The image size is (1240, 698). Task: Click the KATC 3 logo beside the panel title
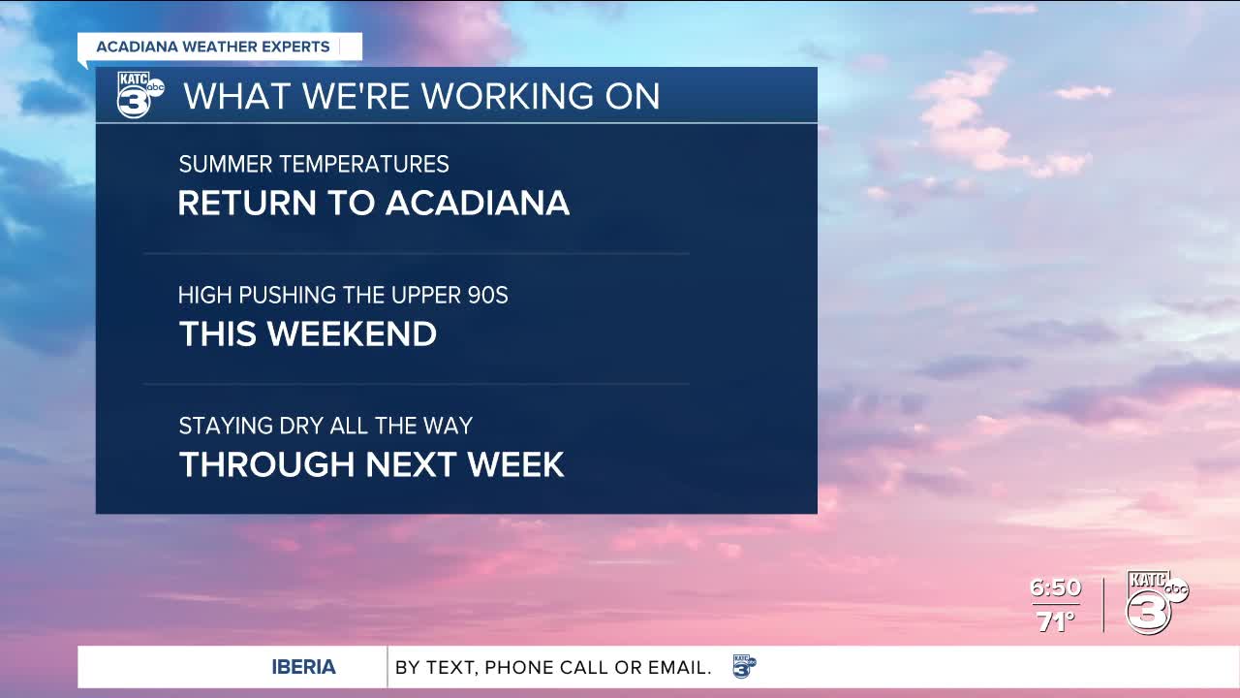tap(140, 95)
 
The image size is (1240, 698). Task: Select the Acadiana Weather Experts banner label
tap(213, 47)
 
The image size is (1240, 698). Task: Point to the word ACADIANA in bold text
tap(478, 203)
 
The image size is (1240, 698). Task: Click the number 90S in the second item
tap(487, 295)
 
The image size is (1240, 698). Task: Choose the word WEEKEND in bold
tap(352, 333)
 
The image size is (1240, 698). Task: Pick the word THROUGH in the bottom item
tap(266, 464)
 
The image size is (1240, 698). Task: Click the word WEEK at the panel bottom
tap(516, 464)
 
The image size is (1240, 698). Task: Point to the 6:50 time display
tap(1055, 587)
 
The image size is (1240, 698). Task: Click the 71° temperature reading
tap(1056, 621)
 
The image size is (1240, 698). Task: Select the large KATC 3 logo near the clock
tap(1156, 602)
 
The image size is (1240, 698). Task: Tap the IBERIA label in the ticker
tap(303, 667)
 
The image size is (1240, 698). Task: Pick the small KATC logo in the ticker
tap(745, 666)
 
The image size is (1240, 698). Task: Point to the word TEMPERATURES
tap(364, 164)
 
